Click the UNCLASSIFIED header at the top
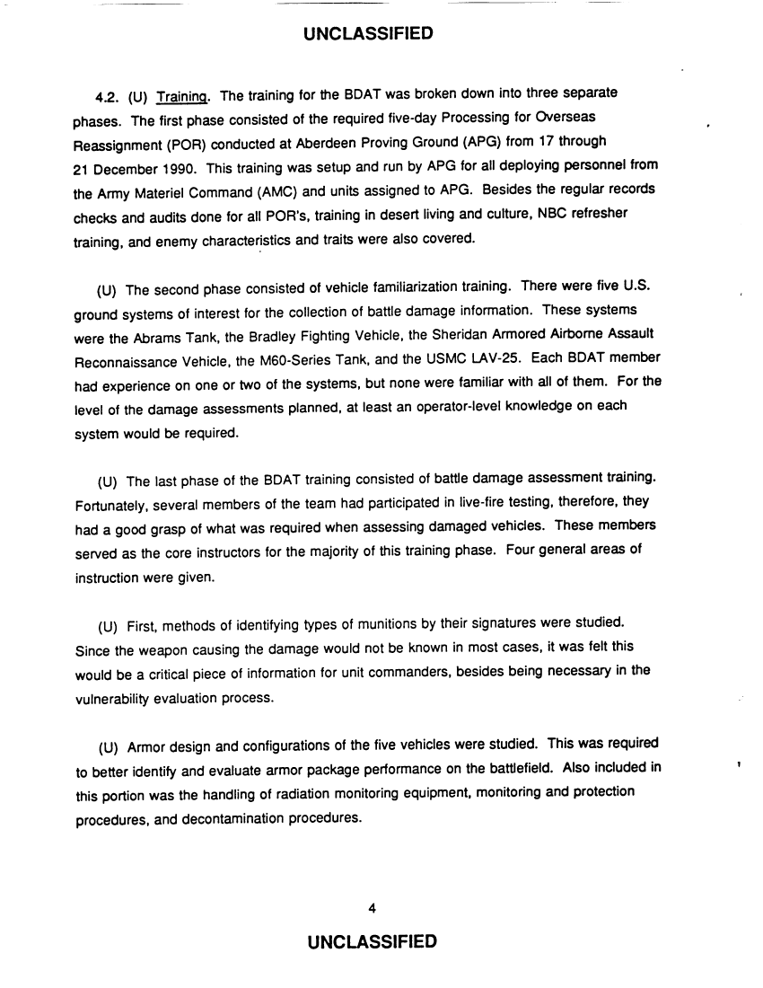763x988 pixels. tap(369, 35)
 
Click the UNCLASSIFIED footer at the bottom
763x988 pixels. tap(372, 941)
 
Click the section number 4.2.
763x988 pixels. tap(110, 96)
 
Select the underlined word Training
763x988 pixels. tap(183, 96)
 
